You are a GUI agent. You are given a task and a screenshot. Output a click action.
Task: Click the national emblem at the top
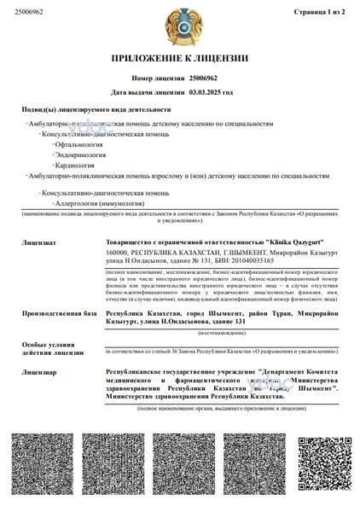[x=179, y=25]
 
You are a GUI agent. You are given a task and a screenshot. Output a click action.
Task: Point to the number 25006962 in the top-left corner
[x=19, y=11]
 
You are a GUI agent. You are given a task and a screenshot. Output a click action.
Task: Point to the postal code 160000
[x=117, y=253]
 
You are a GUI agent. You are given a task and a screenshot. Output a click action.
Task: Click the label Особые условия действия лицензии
[x=44, y=346]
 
